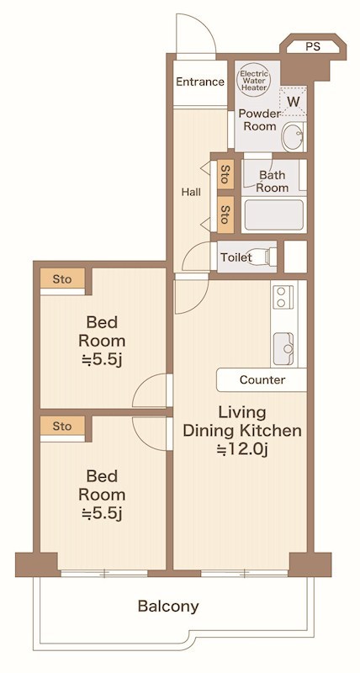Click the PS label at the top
(x=313, y=47)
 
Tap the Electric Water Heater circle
(x=253, y=77)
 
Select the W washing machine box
(x=293, y=101)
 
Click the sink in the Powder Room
(x=293, y=136)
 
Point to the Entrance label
(x=200, y=82)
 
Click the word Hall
(x=191, y=192)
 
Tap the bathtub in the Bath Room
(x=274, y=215)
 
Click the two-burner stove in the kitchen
(x=282, y=296)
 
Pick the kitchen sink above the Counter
(x=283, y=348)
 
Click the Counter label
(x=262, y=380)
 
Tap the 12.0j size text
(x=243, y=449)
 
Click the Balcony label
(x=168, y=607)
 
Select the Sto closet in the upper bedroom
(x=62, y=279)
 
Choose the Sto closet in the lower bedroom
(x=62, y=427)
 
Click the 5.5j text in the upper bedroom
(x=102, y=360)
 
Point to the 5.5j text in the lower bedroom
(x=102, y=513)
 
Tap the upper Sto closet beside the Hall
(x=225, y=174)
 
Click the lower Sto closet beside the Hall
(x=225, y=215)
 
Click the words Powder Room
(x=257, y=119)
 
